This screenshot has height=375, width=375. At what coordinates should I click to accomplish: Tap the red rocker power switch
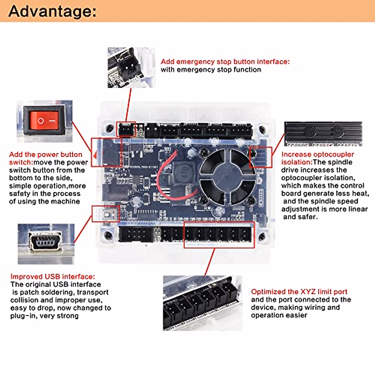click(x=44, y=121)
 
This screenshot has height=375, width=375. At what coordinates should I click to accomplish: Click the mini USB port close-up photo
click(x=46, y=244)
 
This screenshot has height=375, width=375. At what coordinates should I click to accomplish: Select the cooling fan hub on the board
click(x=227, y=177)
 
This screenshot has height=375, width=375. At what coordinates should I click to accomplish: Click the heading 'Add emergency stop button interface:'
click(x=225, y=62)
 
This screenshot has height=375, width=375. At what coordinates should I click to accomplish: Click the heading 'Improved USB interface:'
click(x=53, y=277)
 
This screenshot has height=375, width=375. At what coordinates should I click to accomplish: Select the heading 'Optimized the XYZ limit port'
click(x=299, y=292)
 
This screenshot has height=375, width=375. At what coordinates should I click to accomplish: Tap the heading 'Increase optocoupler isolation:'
click(x=317, y=158)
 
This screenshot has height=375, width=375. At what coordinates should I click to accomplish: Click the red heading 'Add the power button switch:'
click(x=46, y=158)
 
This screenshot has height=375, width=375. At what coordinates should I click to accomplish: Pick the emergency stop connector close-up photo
click(x=131, y=67)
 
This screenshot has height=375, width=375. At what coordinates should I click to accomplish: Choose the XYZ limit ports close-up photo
click(x=202, y=303)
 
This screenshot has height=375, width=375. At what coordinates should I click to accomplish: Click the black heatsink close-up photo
click(x=323, y=134)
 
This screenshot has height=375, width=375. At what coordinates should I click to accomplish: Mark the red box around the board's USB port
click(x=106, y=214)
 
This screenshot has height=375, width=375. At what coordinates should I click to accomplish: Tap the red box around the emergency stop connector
click(x=126, y=129)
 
